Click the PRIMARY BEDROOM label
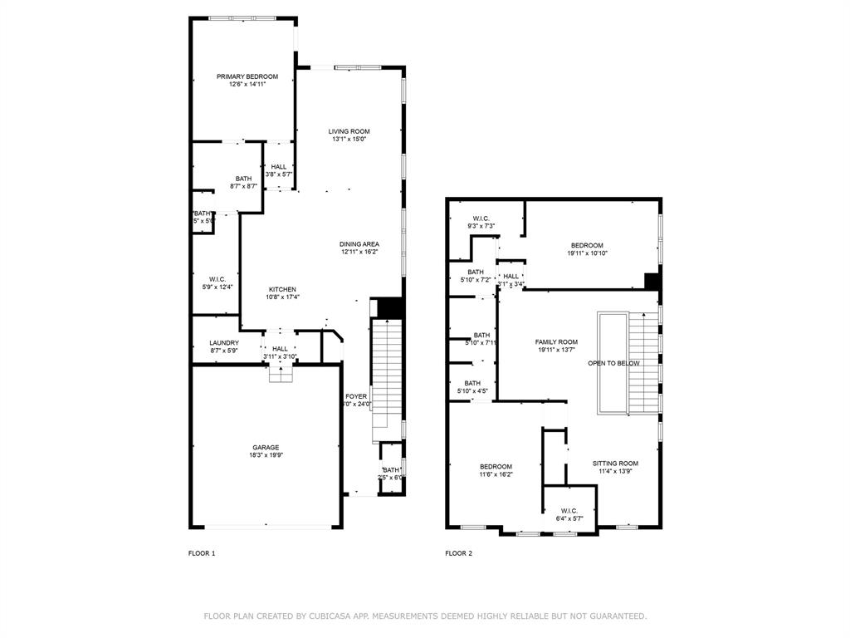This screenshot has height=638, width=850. (x=247, y=76)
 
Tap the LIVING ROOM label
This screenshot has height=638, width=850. (x=349, y=131)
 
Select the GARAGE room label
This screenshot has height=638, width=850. (x=266, y=447)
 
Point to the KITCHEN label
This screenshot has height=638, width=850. (x=282, y=289)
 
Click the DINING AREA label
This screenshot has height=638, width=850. (x=359, y=244)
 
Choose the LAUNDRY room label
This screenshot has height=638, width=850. (x=224, y=343)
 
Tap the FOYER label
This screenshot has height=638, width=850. (x=356, y=397)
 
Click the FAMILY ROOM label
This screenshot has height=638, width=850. (x=556, y=342)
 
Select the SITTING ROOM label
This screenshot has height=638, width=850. (x=615, y=464)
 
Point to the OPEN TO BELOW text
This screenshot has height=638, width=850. (x=613, y=364)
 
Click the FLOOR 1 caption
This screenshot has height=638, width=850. (x=202, y=553)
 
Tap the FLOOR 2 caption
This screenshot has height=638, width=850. (x=458, y=553)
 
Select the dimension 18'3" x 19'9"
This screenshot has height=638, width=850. (x=266, y=455)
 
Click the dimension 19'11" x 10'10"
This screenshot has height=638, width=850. (x=587, y=253)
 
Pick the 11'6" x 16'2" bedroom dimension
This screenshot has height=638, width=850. (x=496, y=474)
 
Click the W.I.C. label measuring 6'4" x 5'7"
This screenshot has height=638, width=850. (x=569, y=511)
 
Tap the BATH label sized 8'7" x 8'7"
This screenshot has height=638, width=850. (x=243, y=179)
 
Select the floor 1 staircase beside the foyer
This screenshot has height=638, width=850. (x=385, y=374)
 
